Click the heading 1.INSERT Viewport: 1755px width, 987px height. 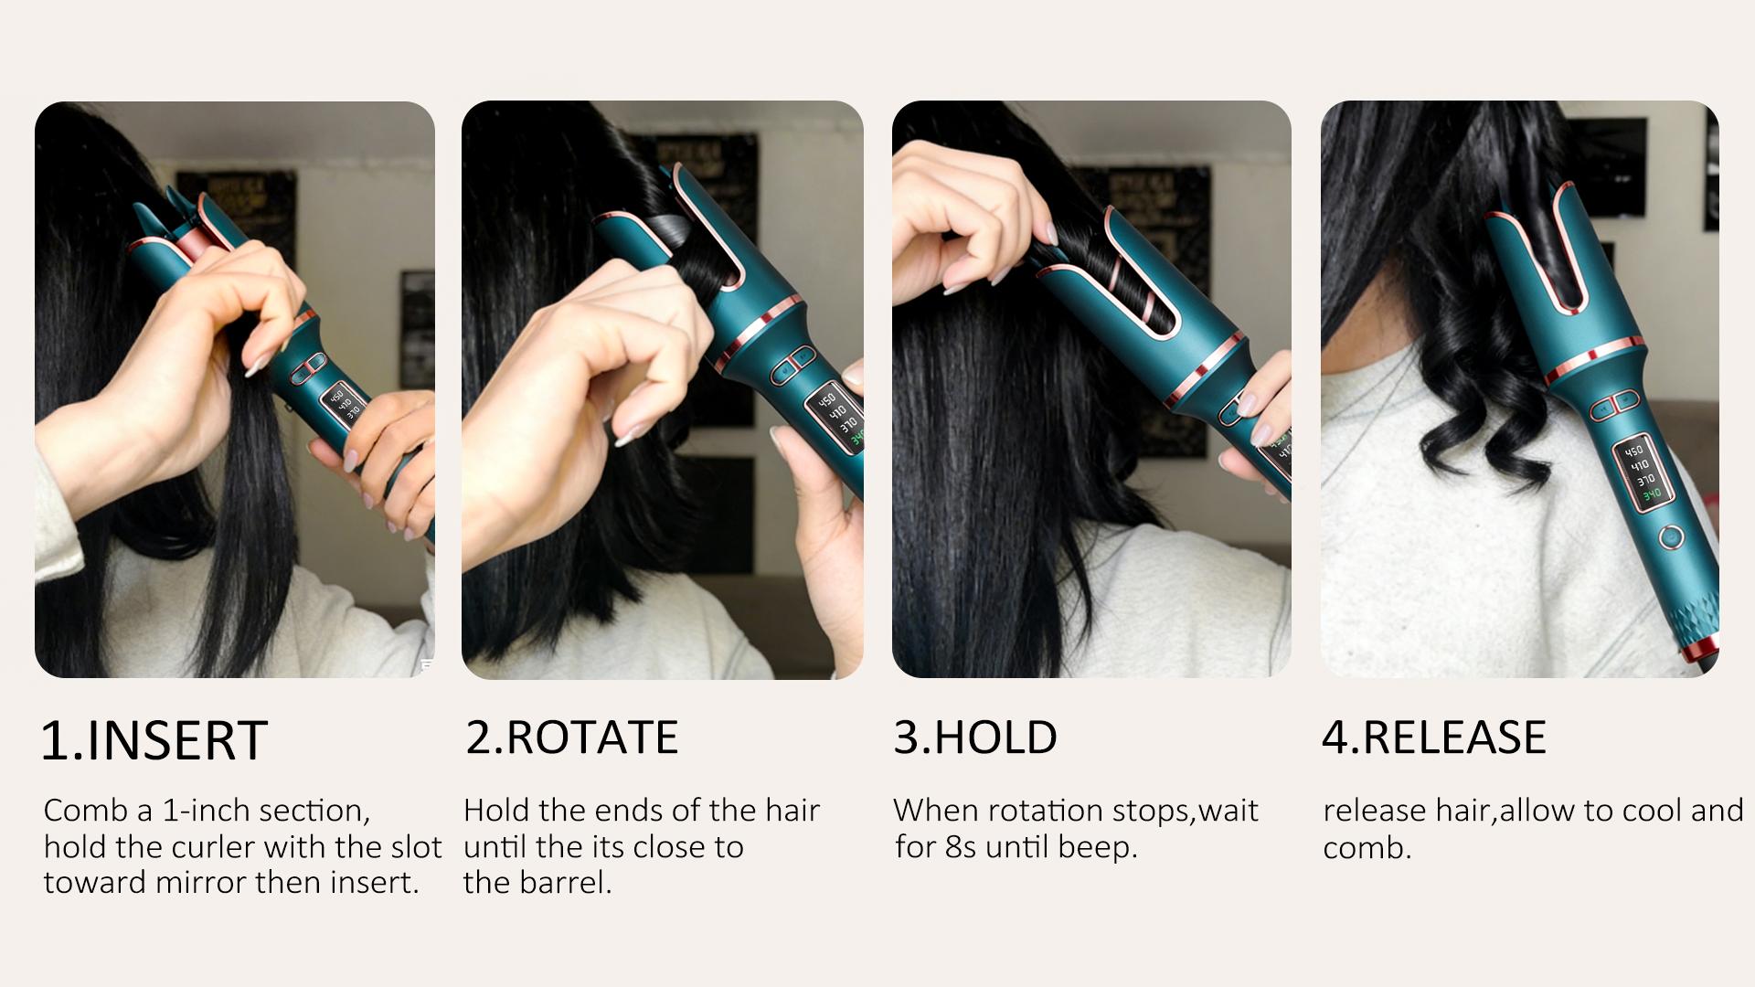pyautogui.click(x=154, y=740)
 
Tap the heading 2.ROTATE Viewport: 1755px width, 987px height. pyautogui.click(x=572, y=738)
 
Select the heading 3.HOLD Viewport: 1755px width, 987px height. pyautogui.click(x=975, y=738)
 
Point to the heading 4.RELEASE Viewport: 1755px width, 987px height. pyautogui.click(x=1434, y=738)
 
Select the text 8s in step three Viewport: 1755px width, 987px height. pyautogui.click(x=962, y=847)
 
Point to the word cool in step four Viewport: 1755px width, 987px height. pyautogui.click(x=1649, y=811)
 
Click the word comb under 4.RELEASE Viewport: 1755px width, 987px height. pyautogui.click(x=1367, y=848)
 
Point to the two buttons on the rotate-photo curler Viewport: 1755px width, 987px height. pyautogui.click(x=792, y=363)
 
